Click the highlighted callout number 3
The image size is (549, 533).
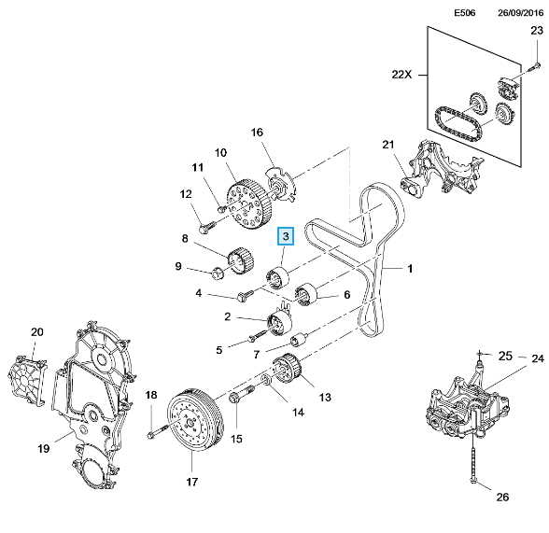(x=286, y=236)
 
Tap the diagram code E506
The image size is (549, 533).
(x=465, y=13)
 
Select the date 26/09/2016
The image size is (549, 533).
(x=521, y=13)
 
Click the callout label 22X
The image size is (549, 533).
(x=401, y=74)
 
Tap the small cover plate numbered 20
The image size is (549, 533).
(x=27, y=378)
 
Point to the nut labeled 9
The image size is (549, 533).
(x=218, y=273)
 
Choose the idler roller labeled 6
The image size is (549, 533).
(x=305, y=293)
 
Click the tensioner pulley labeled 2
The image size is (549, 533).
(x=280, y=323)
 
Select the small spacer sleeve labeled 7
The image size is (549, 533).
(x=300, y=339)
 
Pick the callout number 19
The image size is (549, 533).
(x=43, y=448)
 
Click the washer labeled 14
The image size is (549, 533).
(x=266, y=380)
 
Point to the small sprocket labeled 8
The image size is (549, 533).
(x=241, y=260)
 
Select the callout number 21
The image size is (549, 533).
(x=388, y=145)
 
